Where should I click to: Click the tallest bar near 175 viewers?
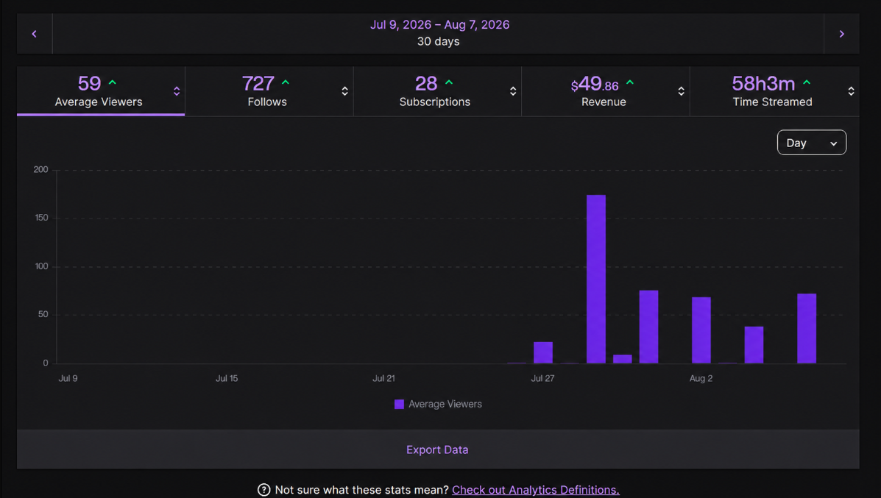[x=596, y=279]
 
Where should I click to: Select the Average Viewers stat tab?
[x=101, y=91]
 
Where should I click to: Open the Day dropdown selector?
[x=811, y=143]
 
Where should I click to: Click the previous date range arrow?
[x=35, y=34]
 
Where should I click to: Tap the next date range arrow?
[x=841, y=34]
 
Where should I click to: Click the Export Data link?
[x=437, y=449]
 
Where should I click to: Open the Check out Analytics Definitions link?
[x=536, y=490]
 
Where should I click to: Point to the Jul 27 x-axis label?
[x=542, y=378]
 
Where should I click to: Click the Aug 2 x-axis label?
[x=701, y=378]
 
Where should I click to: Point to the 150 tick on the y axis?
[x=41, y=218]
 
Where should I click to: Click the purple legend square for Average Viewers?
[x=399, y=405]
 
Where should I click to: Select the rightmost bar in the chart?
[x=806, y=328]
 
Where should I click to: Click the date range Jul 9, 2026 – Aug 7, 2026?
[x=439, y=25]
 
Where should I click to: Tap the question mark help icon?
[x=263, y=490]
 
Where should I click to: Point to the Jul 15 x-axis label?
[x=227, y=378]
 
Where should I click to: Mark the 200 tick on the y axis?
[x=41, y=170]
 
